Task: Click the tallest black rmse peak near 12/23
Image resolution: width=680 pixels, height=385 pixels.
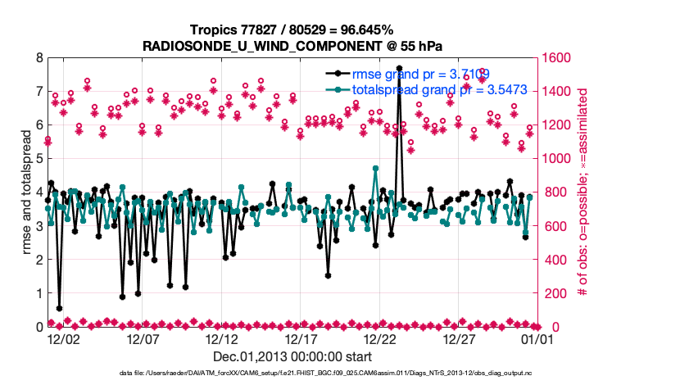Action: [x=399, y=68]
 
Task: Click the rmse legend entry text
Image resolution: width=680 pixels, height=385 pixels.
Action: [x=421, y=74]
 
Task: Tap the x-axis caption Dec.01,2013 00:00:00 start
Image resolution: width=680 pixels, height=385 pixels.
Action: [x=292, y=356]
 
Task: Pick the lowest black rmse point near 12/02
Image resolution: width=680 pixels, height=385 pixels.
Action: [x=59, y=308]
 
